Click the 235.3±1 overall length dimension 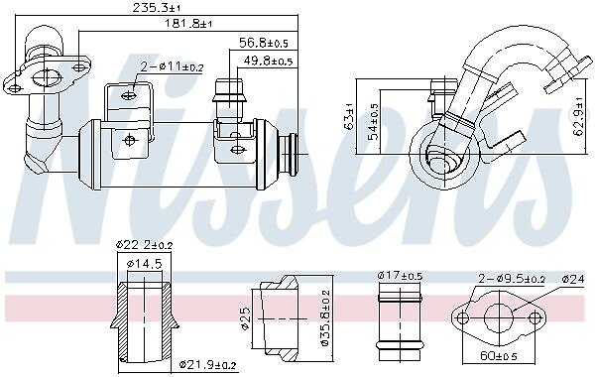pyautogui.click(x=157, y=8)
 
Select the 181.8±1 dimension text pyautogui.click(x=188, y=24)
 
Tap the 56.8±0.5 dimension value pyautogui.click(x=264, y=43)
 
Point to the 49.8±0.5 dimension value pyautogui.click(x=268, y=61)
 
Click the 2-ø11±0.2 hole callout pyautogui.click(x=172, y=67)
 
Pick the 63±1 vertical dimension pyautogui.click(x=348, y=116)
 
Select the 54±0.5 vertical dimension pyautogui.click(x=374, y=122)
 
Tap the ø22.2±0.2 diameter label pyautogui.click(x=144, y=245)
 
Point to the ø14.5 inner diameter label pyautogui.click(x=144, y=263)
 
